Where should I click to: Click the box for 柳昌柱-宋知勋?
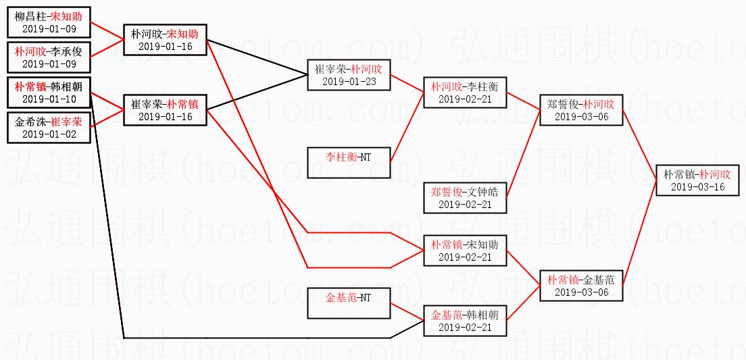[x=49, y=22]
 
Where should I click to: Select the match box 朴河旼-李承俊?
[x=49, y=57]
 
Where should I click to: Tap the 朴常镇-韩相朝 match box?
[x=49, y=92]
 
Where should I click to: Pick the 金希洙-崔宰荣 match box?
[x=49, y=127]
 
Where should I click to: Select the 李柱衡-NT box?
[x=349, y=162]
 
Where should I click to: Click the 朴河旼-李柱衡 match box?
[x=465, y=92]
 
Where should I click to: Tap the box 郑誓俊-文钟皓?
[x=465, y=197]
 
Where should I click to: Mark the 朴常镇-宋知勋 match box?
[x=465, y=250]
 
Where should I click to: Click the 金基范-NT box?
[x=349, y=303]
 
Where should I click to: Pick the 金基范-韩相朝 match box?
[x=465, y=320]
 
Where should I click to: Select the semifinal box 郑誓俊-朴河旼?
[x=581, y=109]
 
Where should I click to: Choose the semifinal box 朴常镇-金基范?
[x=581, y=285]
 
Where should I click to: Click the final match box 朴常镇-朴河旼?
[x=697, y=180]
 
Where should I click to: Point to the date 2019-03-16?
[x=697, y=187]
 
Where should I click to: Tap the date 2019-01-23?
[x=349, y=82]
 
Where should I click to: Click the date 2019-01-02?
[x=49, y=134]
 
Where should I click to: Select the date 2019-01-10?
[x=49, y=99]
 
